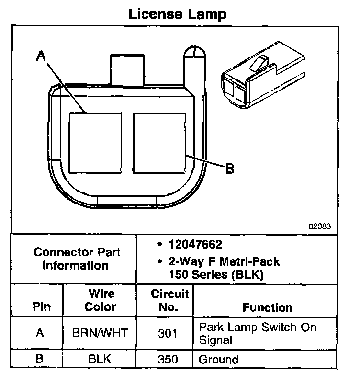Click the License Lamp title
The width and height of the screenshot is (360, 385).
pos(178,14)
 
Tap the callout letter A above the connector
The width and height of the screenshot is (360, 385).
pos(42,57)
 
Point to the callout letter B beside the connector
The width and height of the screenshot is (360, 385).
pos(230,169)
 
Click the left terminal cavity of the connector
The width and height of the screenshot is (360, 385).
pos(94,143)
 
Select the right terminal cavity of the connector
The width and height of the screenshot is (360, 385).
pos(159,143)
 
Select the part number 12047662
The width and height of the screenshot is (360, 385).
pos(195,245)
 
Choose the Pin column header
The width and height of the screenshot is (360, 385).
pos(41,307)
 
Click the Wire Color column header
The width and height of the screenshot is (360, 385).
pos(101,300)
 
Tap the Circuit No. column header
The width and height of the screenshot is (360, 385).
pos(170,300)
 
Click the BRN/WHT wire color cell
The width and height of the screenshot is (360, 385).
pos(101,333)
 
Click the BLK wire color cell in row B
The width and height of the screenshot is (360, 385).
pos(101,359)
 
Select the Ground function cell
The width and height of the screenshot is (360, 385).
pos(219,359)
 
